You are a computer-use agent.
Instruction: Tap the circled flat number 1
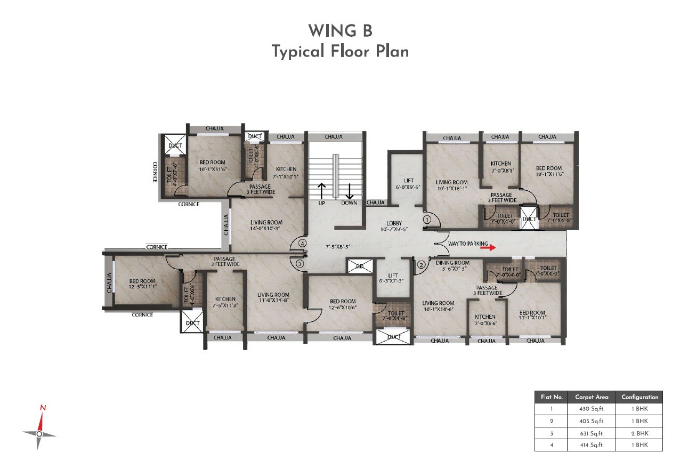[427, 219]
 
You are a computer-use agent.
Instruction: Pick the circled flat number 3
[300, 263]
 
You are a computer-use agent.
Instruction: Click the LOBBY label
[394, 223]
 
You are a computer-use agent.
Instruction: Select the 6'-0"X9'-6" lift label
[409, 184]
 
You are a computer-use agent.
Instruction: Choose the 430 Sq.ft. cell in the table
[592, 409]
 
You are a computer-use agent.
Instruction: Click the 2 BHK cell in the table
[639, 433]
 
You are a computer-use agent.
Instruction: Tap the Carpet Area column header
[592, 397]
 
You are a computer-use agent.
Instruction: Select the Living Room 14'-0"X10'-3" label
[265, 225]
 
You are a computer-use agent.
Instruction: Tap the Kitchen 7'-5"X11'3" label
[225, 302]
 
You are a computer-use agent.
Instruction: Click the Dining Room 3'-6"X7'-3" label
[452, 265]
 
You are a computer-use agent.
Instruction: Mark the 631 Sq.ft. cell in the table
[592, 433]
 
